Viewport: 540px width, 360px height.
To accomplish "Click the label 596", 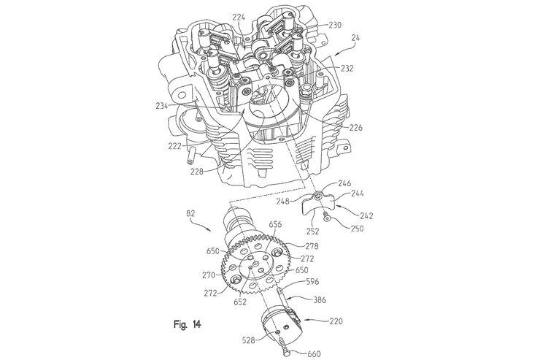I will [313, 280].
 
